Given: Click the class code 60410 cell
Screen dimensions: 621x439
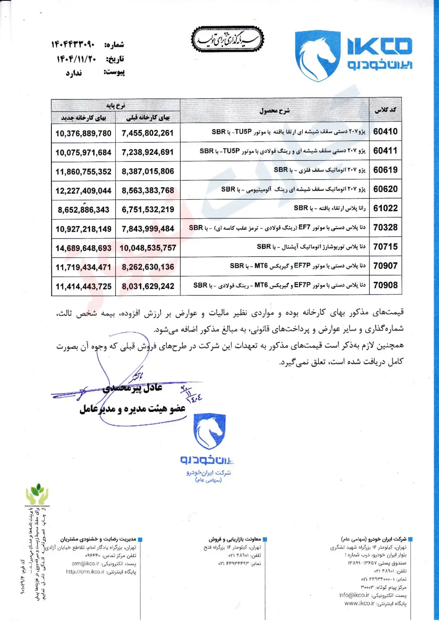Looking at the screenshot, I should pyautogui.click(x=385, y=131).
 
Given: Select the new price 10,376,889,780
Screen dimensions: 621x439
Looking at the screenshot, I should pyautogui.click(x=83, y=133).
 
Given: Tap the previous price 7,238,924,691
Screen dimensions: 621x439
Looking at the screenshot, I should pyautogui.click(x=148, y=152).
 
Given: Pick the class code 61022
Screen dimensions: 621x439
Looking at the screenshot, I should pyautogui.click(x=385, y=208).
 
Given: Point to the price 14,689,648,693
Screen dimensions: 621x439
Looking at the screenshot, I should pyautogui.click(x=83, y=248).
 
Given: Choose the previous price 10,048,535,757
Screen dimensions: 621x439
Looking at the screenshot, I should pyautogui.click(x=148, y=248).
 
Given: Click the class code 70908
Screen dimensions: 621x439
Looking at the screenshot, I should pyautogui.click(x=385, y=285).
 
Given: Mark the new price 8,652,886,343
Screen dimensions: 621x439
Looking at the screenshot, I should pyautogui.click(x=83, y=210).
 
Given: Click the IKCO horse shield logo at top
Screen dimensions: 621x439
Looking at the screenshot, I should pyautogui.click(x=317, y=56).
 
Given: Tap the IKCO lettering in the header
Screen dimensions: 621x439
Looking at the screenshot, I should pyautogui.click(x=380, y=46).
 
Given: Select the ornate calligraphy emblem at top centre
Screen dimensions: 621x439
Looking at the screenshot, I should pyautogui.click(x=228, y=40).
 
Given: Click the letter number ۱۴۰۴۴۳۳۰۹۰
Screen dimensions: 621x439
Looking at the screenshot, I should pyautogui.click(x=73, y=44).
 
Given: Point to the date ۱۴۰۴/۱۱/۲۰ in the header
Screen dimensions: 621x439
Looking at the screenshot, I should pyautogui.click(x=76, y=59).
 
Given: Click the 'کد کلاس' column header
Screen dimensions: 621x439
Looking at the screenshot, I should pyautogui.click(x=385, y=110).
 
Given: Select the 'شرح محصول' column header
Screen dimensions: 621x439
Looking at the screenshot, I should pyautogui.click(x=274, y=110).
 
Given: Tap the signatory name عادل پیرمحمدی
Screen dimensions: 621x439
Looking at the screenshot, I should pyautogui.click(x=133, y=388).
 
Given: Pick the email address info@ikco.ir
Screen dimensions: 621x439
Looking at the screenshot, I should pyautogui.click(x=354, y=595).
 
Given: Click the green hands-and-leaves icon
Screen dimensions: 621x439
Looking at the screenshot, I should pyautogui.click(x=37, y=494).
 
